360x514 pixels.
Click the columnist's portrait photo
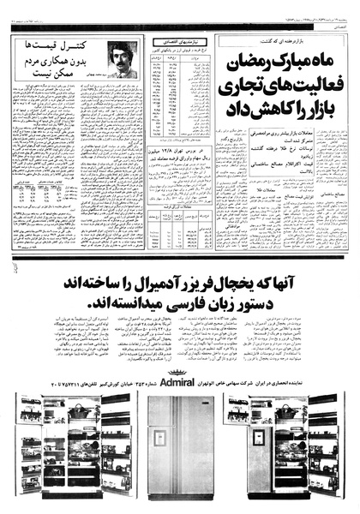[122, 59]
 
